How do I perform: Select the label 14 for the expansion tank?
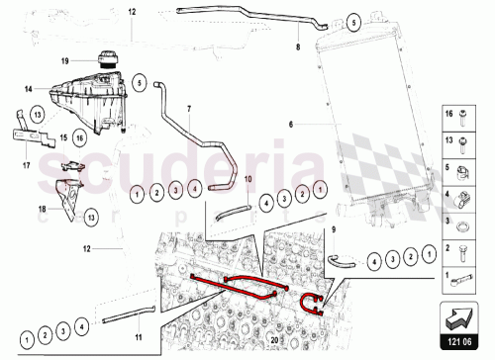coord(29,88)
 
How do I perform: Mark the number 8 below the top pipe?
coord(296,46)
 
